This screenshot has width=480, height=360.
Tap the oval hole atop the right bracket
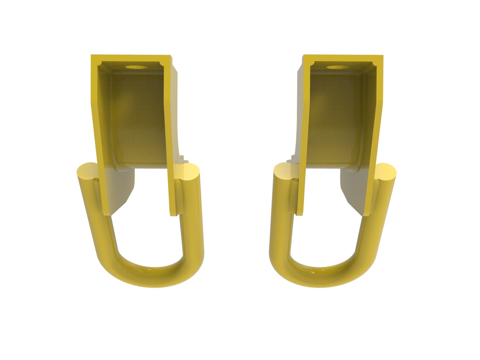(x=337, y=67)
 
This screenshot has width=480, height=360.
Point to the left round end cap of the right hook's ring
(x=283, y=173)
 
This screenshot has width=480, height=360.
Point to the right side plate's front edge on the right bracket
(x=374, y=138)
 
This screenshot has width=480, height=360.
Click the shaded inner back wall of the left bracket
(x=136, y=119)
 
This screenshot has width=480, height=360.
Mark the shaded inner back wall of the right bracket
(x=336, y=119)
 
